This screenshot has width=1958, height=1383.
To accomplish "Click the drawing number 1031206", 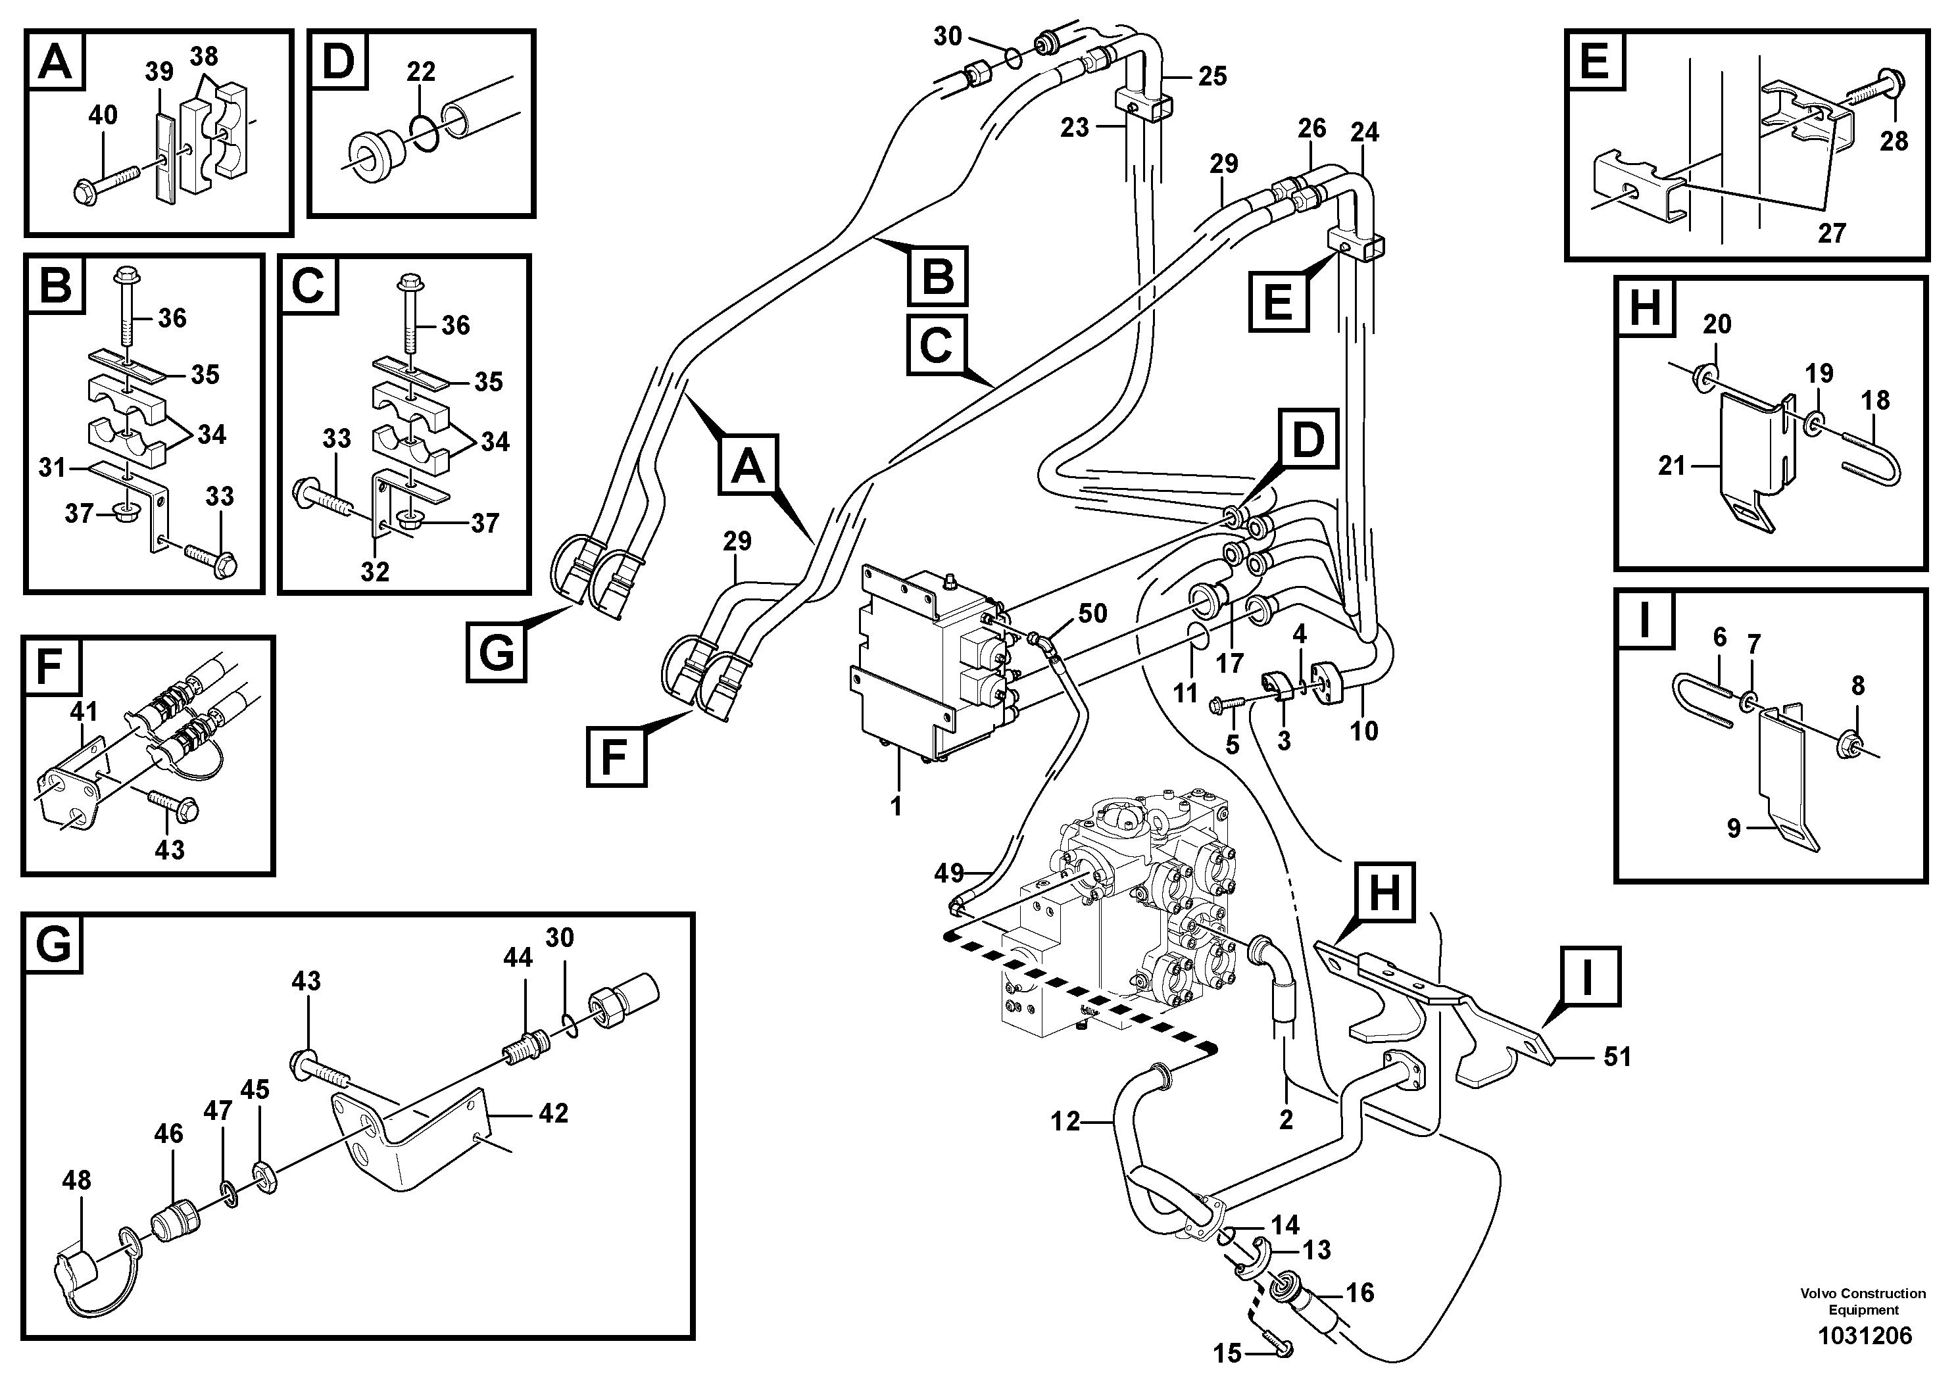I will coord(1865,1334).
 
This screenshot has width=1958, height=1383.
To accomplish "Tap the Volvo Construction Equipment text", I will coord(1863,1301).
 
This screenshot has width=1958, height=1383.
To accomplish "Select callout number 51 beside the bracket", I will coord(1617,1057).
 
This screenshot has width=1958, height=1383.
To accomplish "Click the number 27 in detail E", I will coord(1831,233).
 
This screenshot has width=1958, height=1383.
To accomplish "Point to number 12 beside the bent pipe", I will coord(1065,1121).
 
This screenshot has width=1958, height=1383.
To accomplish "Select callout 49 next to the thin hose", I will coord(949,873).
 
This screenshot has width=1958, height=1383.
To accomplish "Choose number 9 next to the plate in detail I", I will coord(1733,828).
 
